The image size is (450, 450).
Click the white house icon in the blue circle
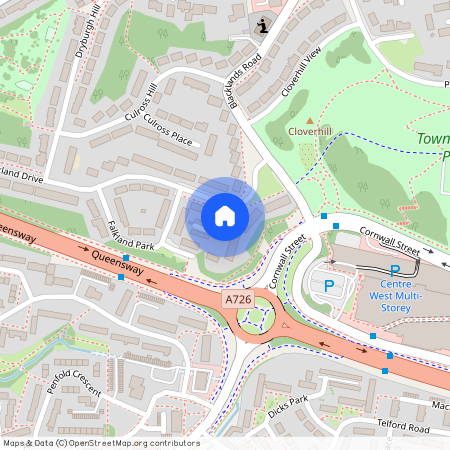(225, 215)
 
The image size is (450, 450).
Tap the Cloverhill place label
(309, 131)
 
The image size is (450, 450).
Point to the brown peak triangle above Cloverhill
(309, 120)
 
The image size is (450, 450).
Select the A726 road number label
(237, 298)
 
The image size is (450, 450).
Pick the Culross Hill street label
(137, 104)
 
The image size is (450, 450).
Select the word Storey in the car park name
(404, 308)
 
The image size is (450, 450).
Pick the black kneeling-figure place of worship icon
(262, 26)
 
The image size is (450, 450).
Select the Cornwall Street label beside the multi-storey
(393, 241)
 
